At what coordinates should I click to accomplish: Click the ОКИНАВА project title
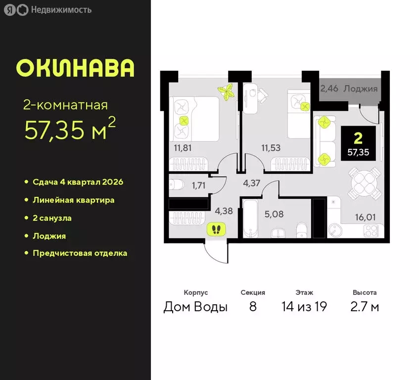(x=75, y=68)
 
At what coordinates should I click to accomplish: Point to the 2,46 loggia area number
(x=329, y=89)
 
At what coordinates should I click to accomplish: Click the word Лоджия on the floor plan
(x=361, y=89)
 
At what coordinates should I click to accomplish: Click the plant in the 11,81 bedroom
(x=227, y=92)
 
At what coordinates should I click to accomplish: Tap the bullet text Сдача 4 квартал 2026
(x=78, y=182)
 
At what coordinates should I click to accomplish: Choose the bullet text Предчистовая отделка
(x=80, y=253)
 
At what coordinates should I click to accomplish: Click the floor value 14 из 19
(x=304, y=307)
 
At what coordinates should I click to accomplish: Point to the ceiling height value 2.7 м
(x=365, y=307)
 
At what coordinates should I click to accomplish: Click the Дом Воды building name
(x=195, y=307)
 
